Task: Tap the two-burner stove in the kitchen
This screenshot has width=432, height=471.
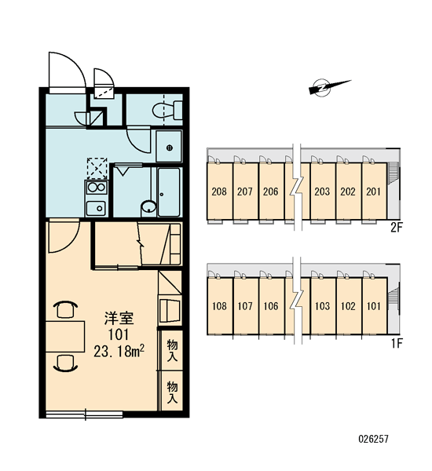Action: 96,187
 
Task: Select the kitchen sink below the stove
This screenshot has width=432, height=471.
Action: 96,207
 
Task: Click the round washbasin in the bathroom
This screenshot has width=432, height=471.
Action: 148,207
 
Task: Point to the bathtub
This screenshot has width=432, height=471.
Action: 169,192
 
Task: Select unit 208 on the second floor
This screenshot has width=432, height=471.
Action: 219,191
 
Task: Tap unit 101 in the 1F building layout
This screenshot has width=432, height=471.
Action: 374,306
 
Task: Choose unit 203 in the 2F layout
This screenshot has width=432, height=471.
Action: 322,191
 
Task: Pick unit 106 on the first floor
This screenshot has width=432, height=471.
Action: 271,306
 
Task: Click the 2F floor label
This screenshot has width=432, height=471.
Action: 396,228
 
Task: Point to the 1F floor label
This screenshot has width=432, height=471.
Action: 397,343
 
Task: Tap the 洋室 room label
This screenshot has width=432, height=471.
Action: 119,319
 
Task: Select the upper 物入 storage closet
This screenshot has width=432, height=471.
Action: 172,350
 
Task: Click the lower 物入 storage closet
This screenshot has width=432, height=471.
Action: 172,392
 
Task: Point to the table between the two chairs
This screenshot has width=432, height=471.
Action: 65,336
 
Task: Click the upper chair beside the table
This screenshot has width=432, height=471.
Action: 65,309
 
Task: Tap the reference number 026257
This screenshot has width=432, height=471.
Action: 373,439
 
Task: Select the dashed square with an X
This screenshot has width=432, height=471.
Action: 97,168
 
